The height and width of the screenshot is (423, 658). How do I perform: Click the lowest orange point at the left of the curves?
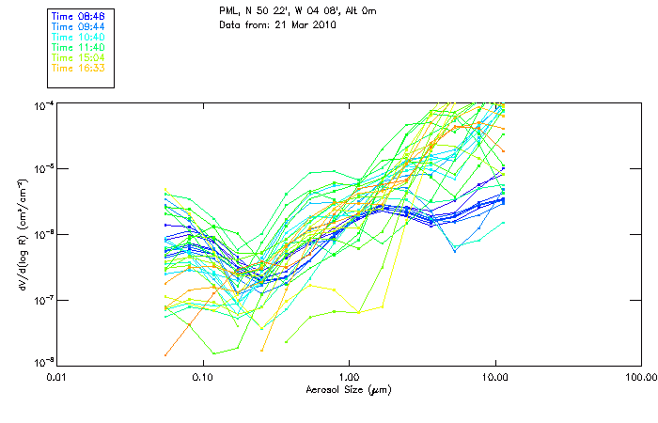tap(166, 354)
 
